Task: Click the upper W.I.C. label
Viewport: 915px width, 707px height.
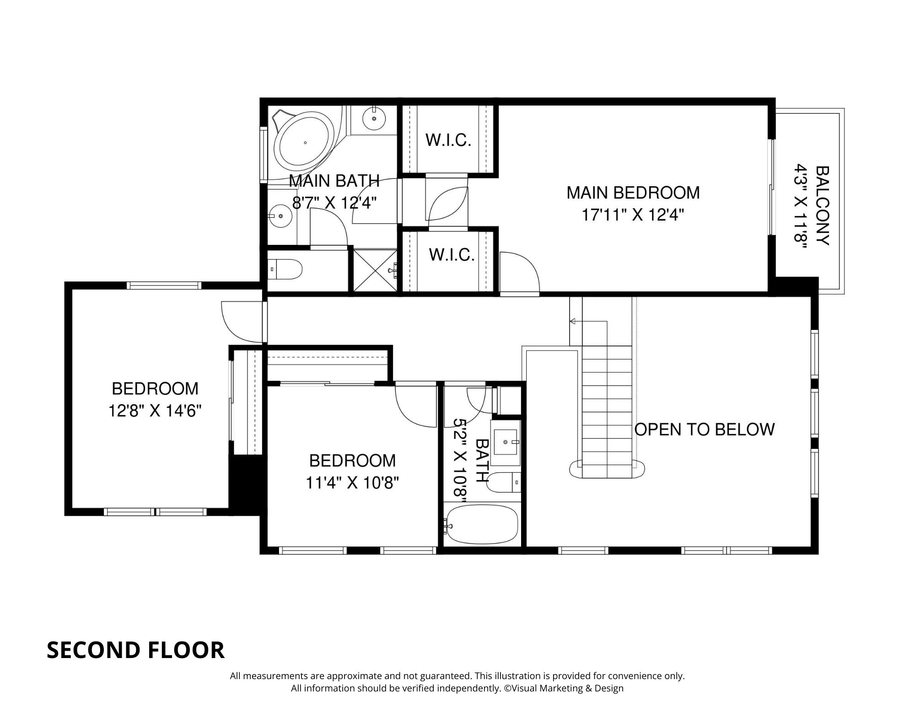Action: click(x=448, y=140)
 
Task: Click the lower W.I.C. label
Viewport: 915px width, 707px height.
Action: click(x=452, y=255)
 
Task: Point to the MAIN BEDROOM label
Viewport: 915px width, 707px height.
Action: click(x=633, y=193)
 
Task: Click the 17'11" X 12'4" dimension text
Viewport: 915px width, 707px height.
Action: click(x=633, y=215)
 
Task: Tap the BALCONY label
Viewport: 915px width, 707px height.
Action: click(x=822, y=205)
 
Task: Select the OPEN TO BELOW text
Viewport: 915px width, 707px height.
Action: click(x=705, y=429)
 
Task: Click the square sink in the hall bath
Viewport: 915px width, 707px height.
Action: click(x=506, y=442)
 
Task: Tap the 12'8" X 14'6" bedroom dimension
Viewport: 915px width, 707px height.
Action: click(x=155, y=410)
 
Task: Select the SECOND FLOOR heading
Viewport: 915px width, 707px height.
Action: click(x=135, y=650)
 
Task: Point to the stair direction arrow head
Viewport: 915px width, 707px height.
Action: click(x=572, y=322)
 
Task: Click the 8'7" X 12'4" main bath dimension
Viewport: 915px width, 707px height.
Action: click(x=334, y=202)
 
